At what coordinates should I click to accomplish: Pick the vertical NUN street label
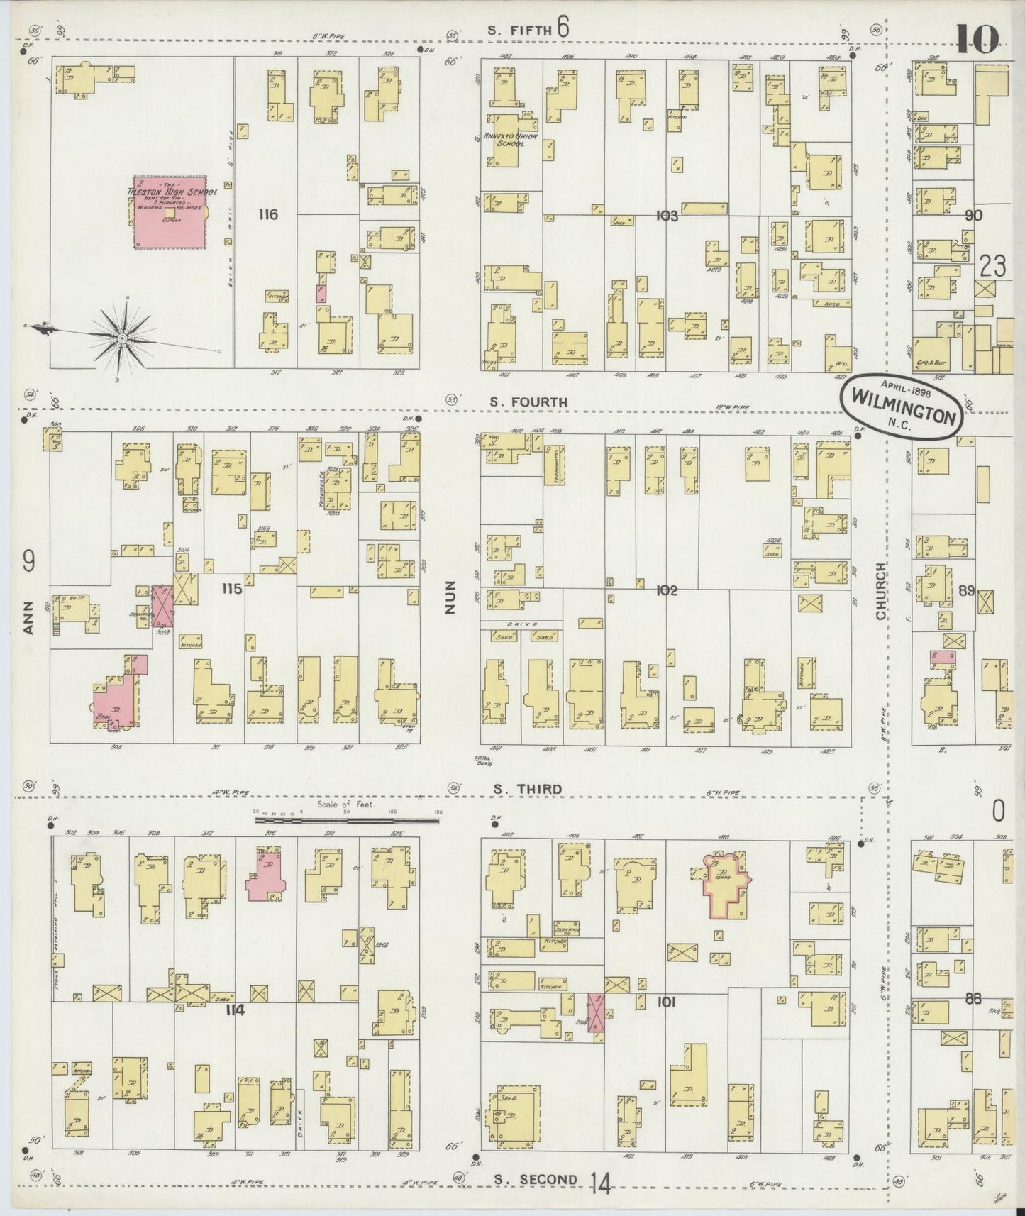click(x=450, y=597)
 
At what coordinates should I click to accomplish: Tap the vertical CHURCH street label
click(x=881, y=591)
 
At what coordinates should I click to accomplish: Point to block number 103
click(x=667, y=216)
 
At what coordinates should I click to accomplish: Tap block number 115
click(x=231, y=589)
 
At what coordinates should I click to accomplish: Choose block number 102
click(x=667, y=590)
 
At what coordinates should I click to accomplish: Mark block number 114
click(x=235, y=1010)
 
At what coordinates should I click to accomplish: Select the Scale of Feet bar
click(x=347, y=820)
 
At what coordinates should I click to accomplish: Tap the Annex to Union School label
click(x=509, y=139)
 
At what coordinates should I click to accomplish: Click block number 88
click(x=973, y=998)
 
